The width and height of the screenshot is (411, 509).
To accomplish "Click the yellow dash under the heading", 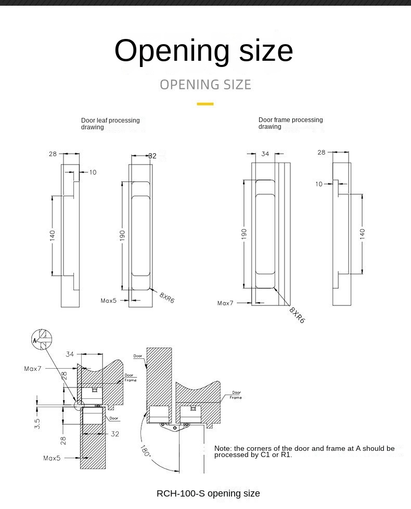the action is pos(205,104).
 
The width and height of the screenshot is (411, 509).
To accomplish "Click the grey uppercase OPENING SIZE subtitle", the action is pos(205,85).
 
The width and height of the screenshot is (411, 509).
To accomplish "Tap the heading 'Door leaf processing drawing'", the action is pos(110,124).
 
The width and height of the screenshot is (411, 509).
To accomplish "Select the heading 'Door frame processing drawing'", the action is pos(291,123).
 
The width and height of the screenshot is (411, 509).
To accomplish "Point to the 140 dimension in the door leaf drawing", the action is pos(53,235).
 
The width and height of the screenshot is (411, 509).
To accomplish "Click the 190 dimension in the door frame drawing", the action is pos(244,234).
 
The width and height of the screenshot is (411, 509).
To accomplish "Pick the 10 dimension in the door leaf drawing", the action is pos(93,172).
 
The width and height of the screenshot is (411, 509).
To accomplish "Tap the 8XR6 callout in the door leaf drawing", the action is pos(167,298).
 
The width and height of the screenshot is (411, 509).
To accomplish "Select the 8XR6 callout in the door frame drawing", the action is pos(297,315).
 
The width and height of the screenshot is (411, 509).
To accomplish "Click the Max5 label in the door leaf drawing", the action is pos(109,301).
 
